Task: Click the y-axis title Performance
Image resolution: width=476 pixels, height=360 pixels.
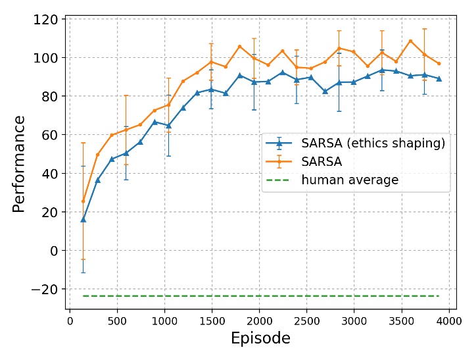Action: (x=19, y=163)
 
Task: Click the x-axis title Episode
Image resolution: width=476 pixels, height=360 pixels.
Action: (x=260, y=338)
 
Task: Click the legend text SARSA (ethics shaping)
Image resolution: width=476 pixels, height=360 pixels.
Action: (x=373, y=143)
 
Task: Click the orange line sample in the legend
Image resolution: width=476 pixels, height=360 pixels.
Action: (x=279, y=162)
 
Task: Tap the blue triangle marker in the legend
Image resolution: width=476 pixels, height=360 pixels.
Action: (x=279, y=143)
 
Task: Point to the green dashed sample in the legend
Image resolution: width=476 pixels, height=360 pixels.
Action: (x=279, y=180)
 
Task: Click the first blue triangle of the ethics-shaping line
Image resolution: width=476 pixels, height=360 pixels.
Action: (x=83, y=219)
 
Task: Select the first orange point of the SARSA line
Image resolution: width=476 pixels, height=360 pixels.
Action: (x=83, y=201)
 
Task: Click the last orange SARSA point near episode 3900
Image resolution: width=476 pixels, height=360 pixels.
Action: (x=439, y=64)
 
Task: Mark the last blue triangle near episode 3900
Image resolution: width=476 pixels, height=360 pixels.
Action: (x=439, y=78)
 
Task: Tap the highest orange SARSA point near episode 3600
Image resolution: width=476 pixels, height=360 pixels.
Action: (x=410, y=41)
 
